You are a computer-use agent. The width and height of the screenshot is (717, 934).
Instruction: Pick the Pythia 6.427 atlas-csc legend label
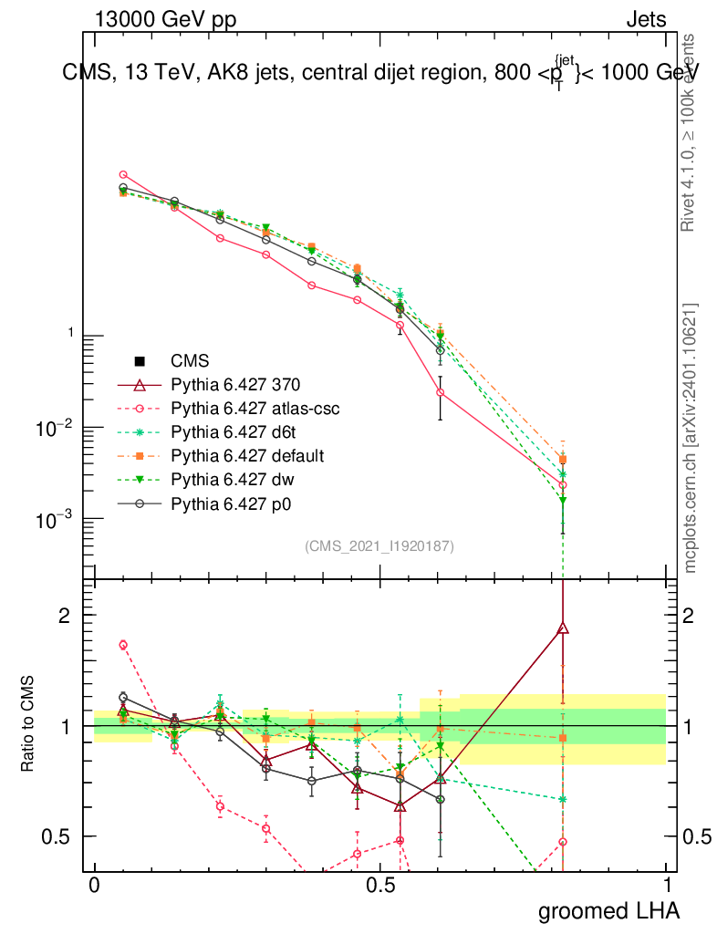click(255, 409)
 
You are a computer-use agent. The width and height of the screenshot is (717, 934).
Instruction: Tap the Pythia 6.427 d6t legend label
click(234, 432)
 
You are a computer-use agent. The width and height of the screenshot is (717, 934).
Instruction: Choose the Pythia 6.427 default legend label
click(247, 455)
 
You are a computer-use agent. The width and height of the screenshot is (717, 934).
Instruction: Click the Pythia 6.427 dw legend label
click(231, 478)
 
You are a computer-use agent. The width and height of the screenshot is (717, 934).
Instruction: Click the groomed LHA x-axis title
click(608, 911)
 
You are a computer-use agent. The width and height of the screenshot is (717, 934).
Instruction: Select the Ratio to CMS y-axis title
click(28, 724)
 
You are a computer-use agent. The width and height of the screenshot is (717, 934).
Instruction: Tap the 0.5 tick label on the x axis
click(380, 886)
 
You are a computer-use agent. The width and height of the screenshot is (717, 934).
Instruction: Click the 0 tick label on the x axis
click(94, 886)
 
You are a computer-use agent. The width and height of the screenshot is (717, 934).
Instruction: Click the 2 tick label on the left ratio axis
click(64, 615)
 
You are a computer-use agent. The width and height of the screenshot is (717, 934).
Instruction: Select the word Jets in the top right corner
click(646, 20)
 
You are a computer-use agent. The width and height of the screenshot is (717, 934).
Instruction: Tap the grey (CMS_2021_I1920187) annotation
click(379, 545)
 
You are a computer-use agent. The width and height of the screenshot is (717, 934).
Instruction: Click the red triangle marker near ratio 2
click(563, 628)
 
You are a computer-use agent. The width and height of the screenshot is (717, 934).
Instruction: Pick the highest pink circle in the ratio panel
click(123, 645)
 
